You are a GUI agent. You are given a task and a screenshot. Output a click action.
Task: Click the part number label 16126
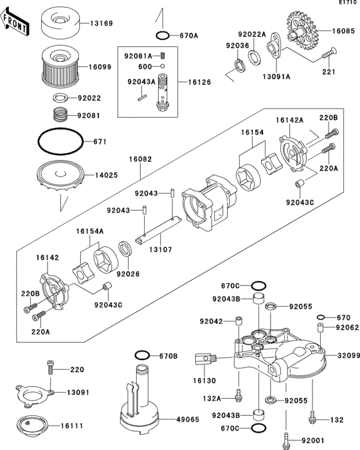pyautogui.click(x=198, y=82)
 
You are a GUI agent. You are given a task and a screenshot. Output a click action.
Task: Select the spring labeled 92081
pyautogui.click(x=60, y=117)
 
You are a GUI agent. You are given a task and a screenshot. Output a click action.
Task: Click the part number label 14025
pyautogui.click(x=107, y=175)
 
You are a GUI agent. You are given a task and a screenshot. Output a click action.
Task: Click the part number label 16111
pyautogui.click(x=72, y=426)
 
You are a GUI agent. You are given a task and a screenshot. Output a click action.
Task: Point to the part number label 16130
pyautogui.click(x=204, y=380)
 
